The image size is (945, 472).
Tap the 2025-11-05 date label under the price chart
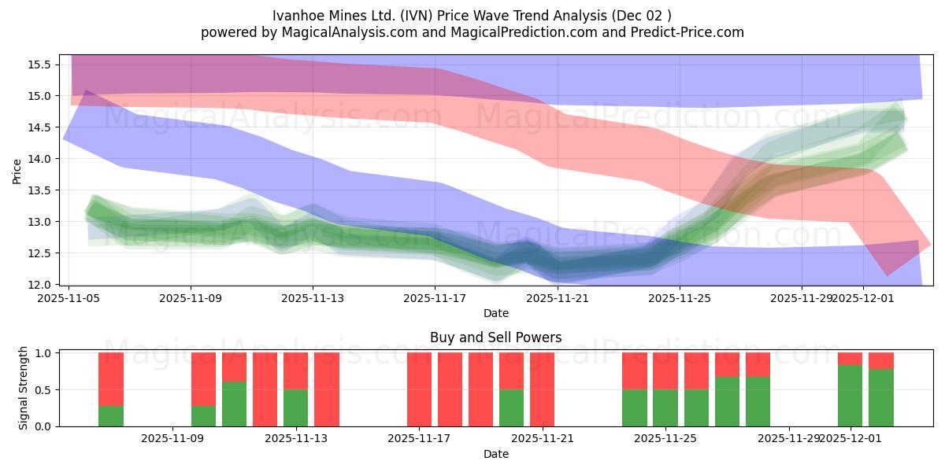[x=69, y=298]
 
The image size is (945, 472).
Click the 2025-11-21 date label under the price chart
[x=558, y=298]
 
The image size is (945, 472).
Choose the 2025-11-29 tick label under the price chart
[x=802, y=298]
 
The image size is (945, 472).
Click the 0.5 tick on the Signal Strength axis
[x=44, y=390]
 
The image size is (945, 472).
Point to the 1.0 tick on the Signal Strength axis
[x=44, y=353]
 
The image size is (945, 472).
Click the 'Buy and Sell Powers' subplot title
[x=495, y=337]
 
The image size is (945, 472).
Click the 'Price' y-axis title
[x=17, y=170]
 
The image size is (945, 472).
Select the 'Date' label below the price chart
[x=495, y=313]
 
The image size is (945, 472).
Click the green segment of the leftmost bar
[x=111, y=415]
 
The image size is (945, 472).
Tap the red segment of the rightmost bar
[x=880, y=361]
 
